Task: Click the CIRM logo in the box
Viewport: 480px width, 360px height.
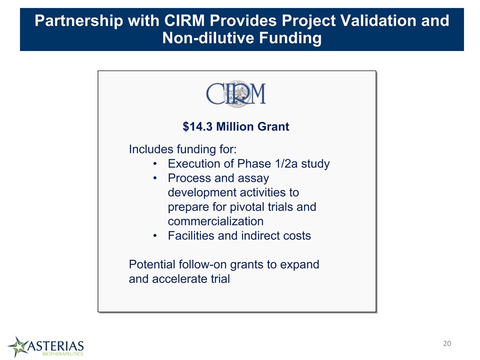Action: pos(235,93)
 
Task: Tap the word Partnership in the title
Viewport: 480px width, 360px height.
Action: pos(79,21)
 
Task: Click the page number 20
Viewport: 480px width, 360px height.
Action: pos(447,343)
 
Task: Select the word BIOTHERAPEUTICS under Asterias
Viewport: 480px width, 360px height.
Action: pos(63,354)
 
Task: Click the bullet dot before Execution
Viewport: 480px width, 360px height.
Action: pos(155,164)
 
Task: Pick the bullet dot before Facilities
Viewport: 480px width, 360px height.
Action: pos(155,235)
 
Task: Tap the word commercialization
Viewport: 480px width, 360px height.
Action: pos(215,221)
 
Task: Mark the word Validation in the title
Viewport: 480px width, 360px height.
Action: pos(372,21)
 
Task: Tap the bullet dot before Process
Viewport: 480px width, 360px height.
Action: pos(155,178)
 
